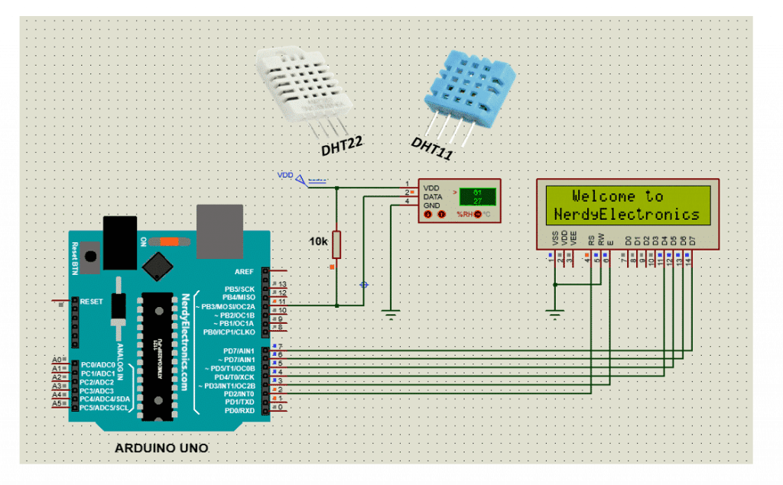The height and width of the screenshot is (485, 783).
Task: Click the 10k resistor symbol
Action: (x=336, y=245)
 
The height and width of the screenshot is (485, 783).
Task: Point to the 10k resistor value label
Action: (x=318, y=241)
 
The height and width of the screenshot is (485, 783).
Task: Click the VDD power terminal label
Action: (x=284, y=175)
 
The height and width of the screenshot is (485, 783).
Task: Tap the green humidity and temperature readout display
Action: (x=477, y=196)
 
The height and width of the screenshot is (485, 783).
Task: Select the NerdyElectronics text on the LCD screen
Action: (x=627, y=214)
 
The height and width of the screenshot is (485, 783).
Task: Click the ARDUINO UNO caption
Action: (x=161, y=448)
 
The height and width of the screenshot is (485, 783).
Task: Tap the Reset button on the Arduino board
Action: (x=92, y=258)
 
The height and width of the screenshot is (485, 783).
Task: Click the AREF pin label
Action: (x=245, y=271)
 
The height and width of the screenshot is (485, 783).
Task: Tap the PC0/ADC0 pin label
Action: (x=98, y=365)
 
